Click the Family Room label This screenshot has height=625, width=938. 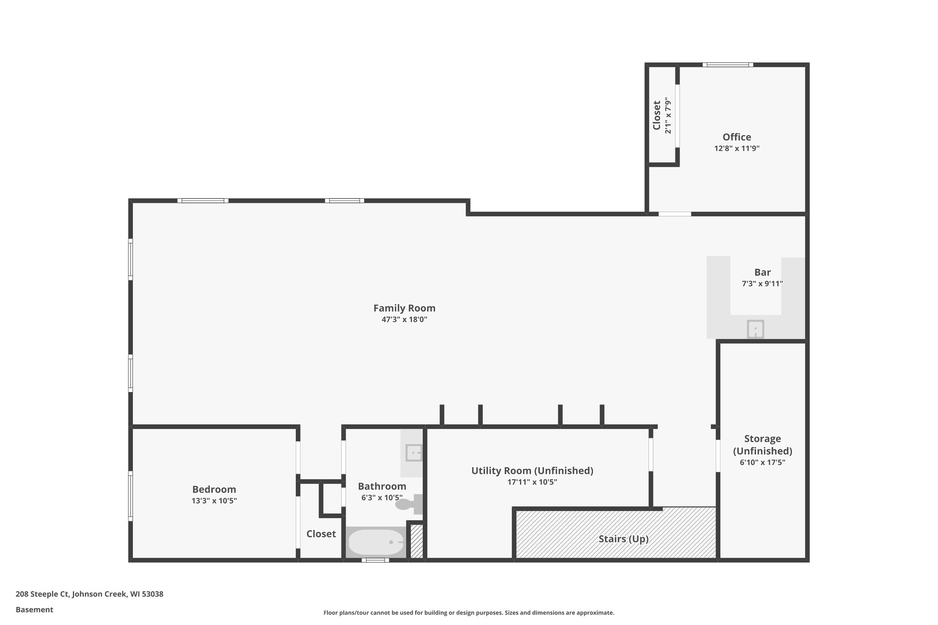(404, 308)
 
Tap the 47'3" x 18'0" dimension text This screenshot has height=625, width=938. (404, 320)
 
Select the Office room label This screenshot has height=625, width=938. (736, 137)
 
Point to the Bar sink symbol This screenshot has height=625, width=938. (755, 329)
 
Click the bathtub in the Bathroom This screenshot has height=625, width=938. (376, 542)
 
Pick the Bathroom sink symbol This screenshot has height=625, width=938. (414, 453)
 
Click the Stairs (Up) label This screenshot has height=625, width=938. (623, 539)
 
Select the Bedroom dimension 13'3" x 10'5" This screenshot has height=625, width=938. (214, 501)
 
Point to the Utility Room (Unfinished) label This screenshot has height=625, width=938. (532, 471)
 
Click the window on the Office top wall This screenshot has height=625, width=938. (728, 65)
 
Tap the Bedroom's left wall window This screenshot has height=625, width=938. (131, 496)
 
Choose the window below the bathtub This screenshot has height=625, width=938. (375, 560)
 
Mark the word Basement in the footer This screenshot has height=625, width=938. (34, 610)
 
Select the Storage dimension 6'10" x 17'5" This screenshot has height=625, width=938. (762, 462)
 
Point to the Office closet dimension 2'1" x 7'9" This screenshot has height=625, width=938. (668, 115)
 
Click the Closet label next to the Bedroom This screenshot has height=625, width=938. (321, 534)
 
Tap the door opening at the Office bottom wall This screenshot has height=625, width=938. (675, 214)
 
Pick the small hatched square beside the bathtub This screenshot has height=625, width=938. (416, 541)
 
